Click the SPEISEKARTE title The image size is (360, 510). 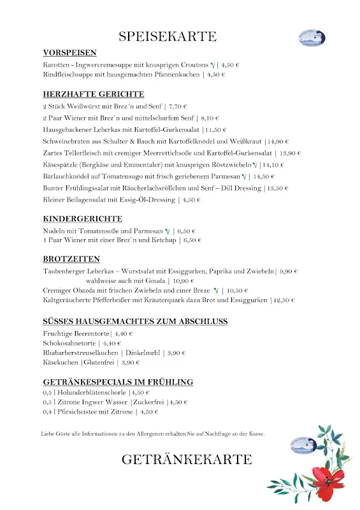point(168,36)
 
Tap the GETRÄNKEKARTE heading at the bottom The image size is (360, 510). point(187,459)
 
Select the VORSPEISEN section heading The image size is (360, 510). point(69,53)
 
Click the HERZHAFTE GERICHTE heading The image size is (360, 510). point(94,94)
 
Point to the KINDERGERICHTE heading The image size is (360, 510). point(83,219)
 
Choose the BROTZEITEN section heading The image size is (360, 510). point(71,259)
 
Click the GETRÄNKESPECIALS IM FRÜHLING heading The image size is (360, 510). point(118,382)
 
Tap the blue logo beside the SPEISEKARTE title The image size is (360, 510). point(312,36)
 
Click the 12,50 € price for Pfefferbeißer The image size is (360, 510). point(285,300)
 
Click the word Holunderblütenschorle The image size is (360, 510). point(94,393)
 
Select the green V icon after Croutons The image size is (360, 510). point(213,65)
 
